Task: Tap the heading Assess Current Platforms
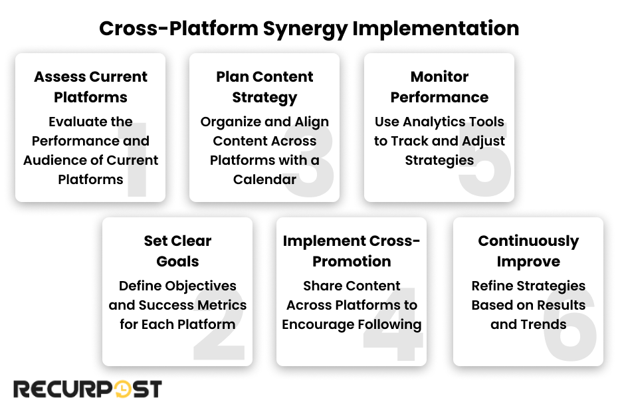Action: [x=90, y=86]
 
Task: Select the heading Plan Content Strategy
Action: [x=264, y=86]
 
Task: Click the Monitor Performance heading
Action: [x=439, y=86]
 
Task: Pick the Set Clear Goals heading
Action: [x=177, y=251]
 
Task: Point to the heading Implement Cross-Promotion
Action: [x=352, y=251]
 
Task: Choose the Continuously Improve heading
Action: [x=528, y=251]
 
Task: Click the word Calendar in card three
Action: [x=264, y=179]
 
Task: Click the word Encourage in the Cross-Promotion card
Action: [x=320, y=324]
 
